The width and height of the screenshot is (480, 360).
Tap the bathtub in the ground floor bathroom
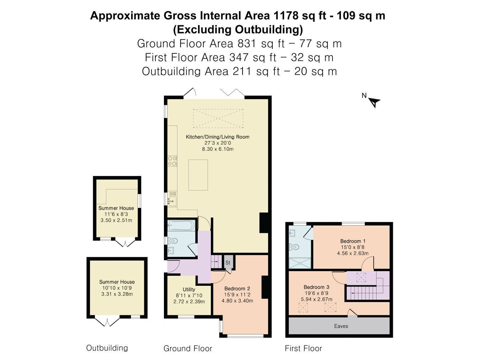tap(181, 225)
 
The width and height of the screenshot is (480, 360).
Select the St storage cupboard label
tap(228, 263)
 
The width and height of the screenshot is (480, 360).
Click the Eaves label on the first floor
tap(341, 326)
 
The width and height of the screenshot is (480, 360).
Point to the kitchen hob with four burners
tap(172, 161)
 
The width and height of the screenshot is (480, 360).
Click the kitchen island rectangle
tap(198, 175)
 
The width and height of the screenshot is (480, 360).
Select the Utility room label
tap(189, 290)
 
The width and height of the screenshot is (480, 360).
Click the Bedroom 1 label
tap(353, 241)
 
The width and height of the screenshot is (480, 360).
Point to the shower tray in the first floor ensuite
tap(300, 263)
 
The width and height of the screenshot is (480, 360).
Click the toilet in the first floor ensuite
tap(294, 247)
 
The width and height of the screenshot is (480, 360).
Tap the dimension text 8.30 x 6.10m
tap(218, 149)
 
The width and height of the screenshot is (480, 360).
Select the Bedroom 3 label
tap(316, 287)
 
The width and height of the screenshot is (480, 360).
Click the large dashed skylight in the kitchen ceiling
tap(218, 118)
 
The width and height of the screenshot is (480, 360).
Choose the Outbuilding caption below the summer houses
tap(107, 348)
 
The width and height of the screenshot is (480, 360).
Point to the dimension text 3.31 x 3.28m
tap(117, 294)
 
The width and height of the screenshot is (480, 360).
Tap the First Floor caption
tap(303, 348)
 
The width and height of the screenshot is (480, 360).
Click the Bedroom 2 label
tap(237, 289)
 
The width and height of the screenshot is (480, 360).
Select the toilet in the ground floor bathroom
tap(173, 241)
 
